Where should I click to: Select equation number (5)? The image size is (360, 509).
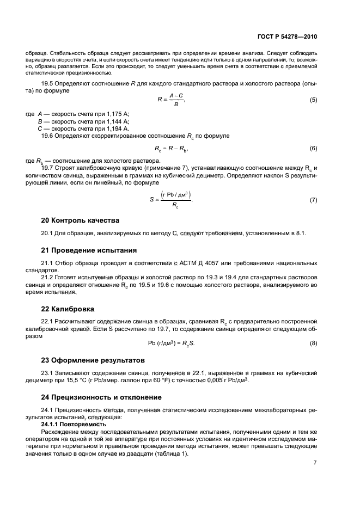point(313,100)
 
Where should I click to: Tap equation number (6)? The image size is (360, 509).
point(313,148)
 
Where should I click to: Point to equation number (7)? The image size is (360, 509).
point(313,200)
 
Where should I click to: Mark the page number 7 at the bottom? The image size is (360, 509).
point(315,463)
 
